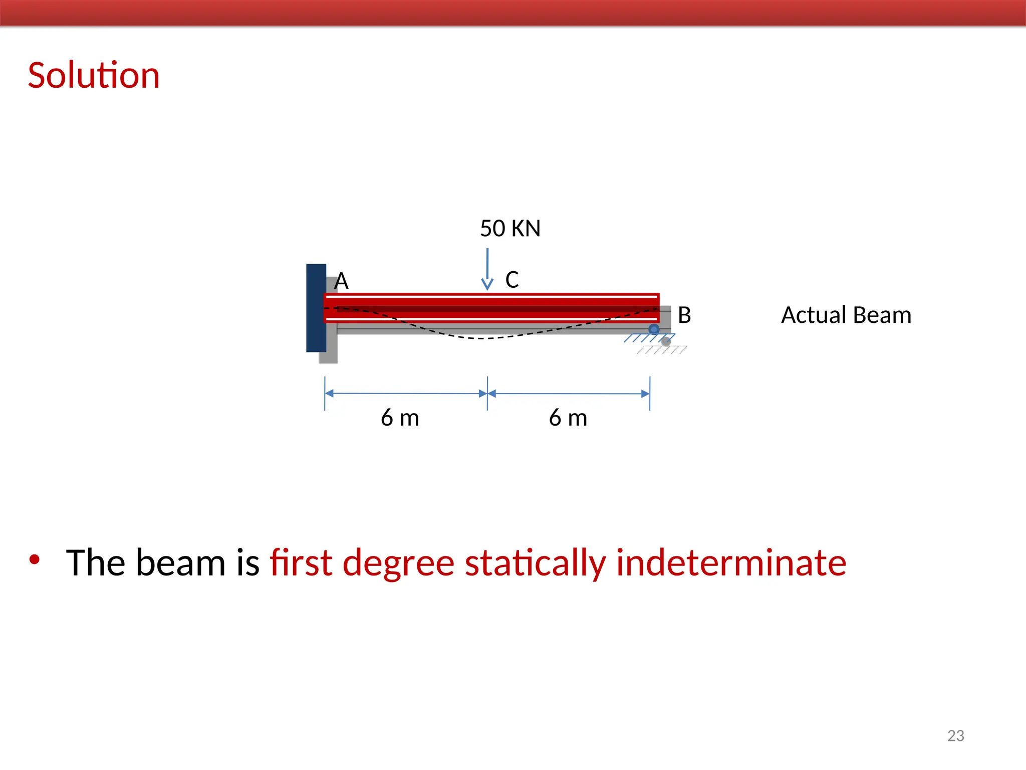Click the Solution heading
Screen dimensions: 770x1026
[94, 75]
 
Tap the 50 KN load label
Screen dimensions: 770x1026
[510, 229]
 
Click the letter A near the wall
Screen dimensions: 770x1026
[341, 281]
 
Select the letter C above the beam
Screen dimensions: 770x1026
[512, 280]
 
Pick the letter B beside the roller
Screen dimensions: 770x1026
[684, 315]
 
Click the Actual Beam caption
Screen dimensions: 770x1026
[846, 315]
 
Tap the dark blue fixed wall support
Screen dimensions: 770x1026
[316, 308]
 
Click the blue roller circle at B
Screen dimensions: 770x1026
[654, 329]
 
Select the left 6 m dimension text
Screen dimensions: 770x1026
[400, 418]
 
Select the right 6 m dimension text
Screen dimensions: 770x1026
[568, 418]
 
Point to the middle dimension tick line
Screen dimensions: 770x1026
[487, 394]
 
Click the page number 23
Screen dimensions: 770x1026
[955, 735]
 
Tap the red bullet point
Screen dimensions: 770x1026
[34, 559]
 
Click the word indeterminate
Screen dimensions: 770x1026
[731, 562]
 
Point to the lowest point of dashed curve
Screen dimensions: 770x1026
[481, 338]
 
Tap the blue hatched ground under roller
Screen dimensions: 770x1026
[648, 338]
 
